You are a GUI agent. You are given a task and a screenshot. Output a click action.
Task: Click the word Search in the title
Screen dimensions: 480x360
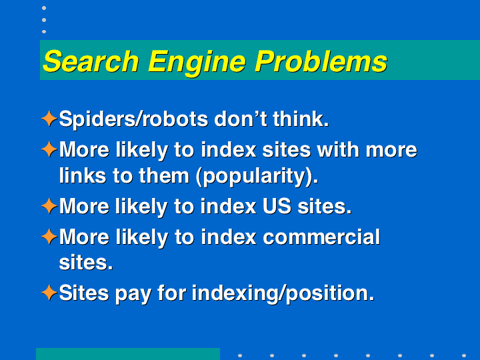(x=91, y=61)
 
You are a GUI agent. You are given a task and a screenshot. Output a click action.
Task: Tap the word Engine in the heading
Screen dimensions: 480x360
(x=197, y=63)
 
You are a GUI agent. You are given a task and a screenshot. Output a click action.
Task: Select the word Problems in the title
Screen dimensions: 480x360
(x=321, y=61)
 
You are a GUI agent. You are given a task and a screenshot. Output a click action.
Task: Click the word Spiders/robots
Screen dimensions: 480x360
(x=133, y=119)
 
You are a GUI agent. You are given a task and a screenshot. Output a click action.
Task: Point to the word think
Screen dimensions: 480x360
(x=301, y=119)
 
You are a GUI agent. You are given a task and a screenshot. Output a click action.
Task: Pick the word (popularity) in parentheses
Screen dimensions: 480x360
(x=257, y=176)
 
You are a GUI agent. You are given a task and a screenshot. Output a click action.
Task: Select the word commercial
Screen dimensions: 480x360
(x=321, y=237)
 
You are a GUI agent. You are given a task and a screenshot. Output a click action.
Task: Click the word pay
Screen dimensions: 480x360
(x=133, y=295)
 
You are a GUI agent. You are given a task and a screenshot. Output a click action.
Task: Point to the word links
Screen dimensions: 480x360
(x=83, y=175)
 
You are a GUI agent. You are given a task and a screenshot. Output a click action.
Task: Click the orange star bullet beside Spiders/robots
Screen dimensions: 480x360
(x=49, y=119)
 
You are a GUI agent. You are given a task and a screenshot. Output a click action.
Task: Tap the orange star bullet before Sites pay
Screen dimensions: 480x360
(x=49, y=293)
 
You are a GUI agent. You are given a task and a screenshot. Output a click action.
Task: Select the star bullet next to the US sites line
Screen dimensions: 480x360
(x=49, y=206)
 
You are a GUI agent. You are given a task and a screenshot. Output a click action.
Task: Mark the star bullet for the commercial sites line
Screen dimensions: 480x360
(x=49, y=237)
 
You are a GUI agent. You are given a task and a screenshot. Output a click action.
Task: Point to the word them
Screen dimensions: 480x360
(x=164, y=175)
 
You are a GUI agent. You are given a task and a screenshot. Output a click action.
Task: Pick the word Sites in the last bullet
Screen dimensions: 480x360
(x=84, y=293)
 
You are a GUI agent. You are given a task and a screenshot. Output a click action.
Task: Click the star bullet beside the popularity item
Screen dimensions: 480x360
(x=49, y=149)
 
